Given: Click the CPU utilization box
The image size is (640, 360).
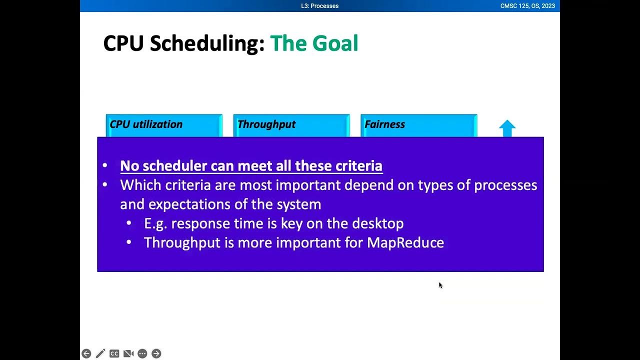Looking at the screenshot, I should pyautogui.click(x=164, y=125).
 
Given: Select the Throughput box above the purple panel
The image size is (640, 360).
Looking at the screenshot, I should pyautogui.click(x=291, y=125).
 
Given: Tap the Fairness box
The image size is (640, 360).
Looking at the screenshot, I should pyautogui.click(x=418, y=125).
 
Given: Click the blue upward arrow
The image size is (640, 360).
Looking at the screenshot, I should pyautogui.click(x=507, y=128).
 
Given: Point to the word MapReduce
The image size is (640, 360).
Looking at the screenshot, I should pyautogui.click(x=405, y=242).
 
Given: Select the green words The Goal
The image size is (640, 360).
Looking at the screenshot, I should pyautogui.click(x=314, y=43).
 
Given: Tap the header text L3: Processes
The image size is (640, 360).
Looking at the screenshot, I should pyautogui.click(x=320, y=6).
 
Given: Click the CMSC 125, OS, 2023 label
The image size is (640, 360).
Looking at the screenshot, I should pyautogui.click(x=527, y=6).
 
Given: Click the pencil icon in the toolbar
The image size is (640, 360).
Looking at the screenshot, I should pyautogui.click(x=100, y=353).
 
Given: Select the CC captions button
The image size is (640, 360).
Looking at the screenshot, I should pyautogui.click(x=114, y=353).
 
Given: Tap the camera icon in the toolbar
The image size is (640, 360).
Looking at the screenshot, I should pyautogui.click(x=128, y=353).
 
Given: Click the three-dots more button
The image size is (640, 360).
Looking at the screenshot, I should pyautogui.click(x=142, y=353).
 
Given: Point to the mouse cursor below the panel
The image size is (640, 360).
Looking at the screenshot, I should pyautogui.click(x=440, y=285).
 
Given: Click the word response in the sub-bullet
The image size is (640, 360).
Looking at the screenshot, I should pyautogui.click(x=200, y=223).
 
